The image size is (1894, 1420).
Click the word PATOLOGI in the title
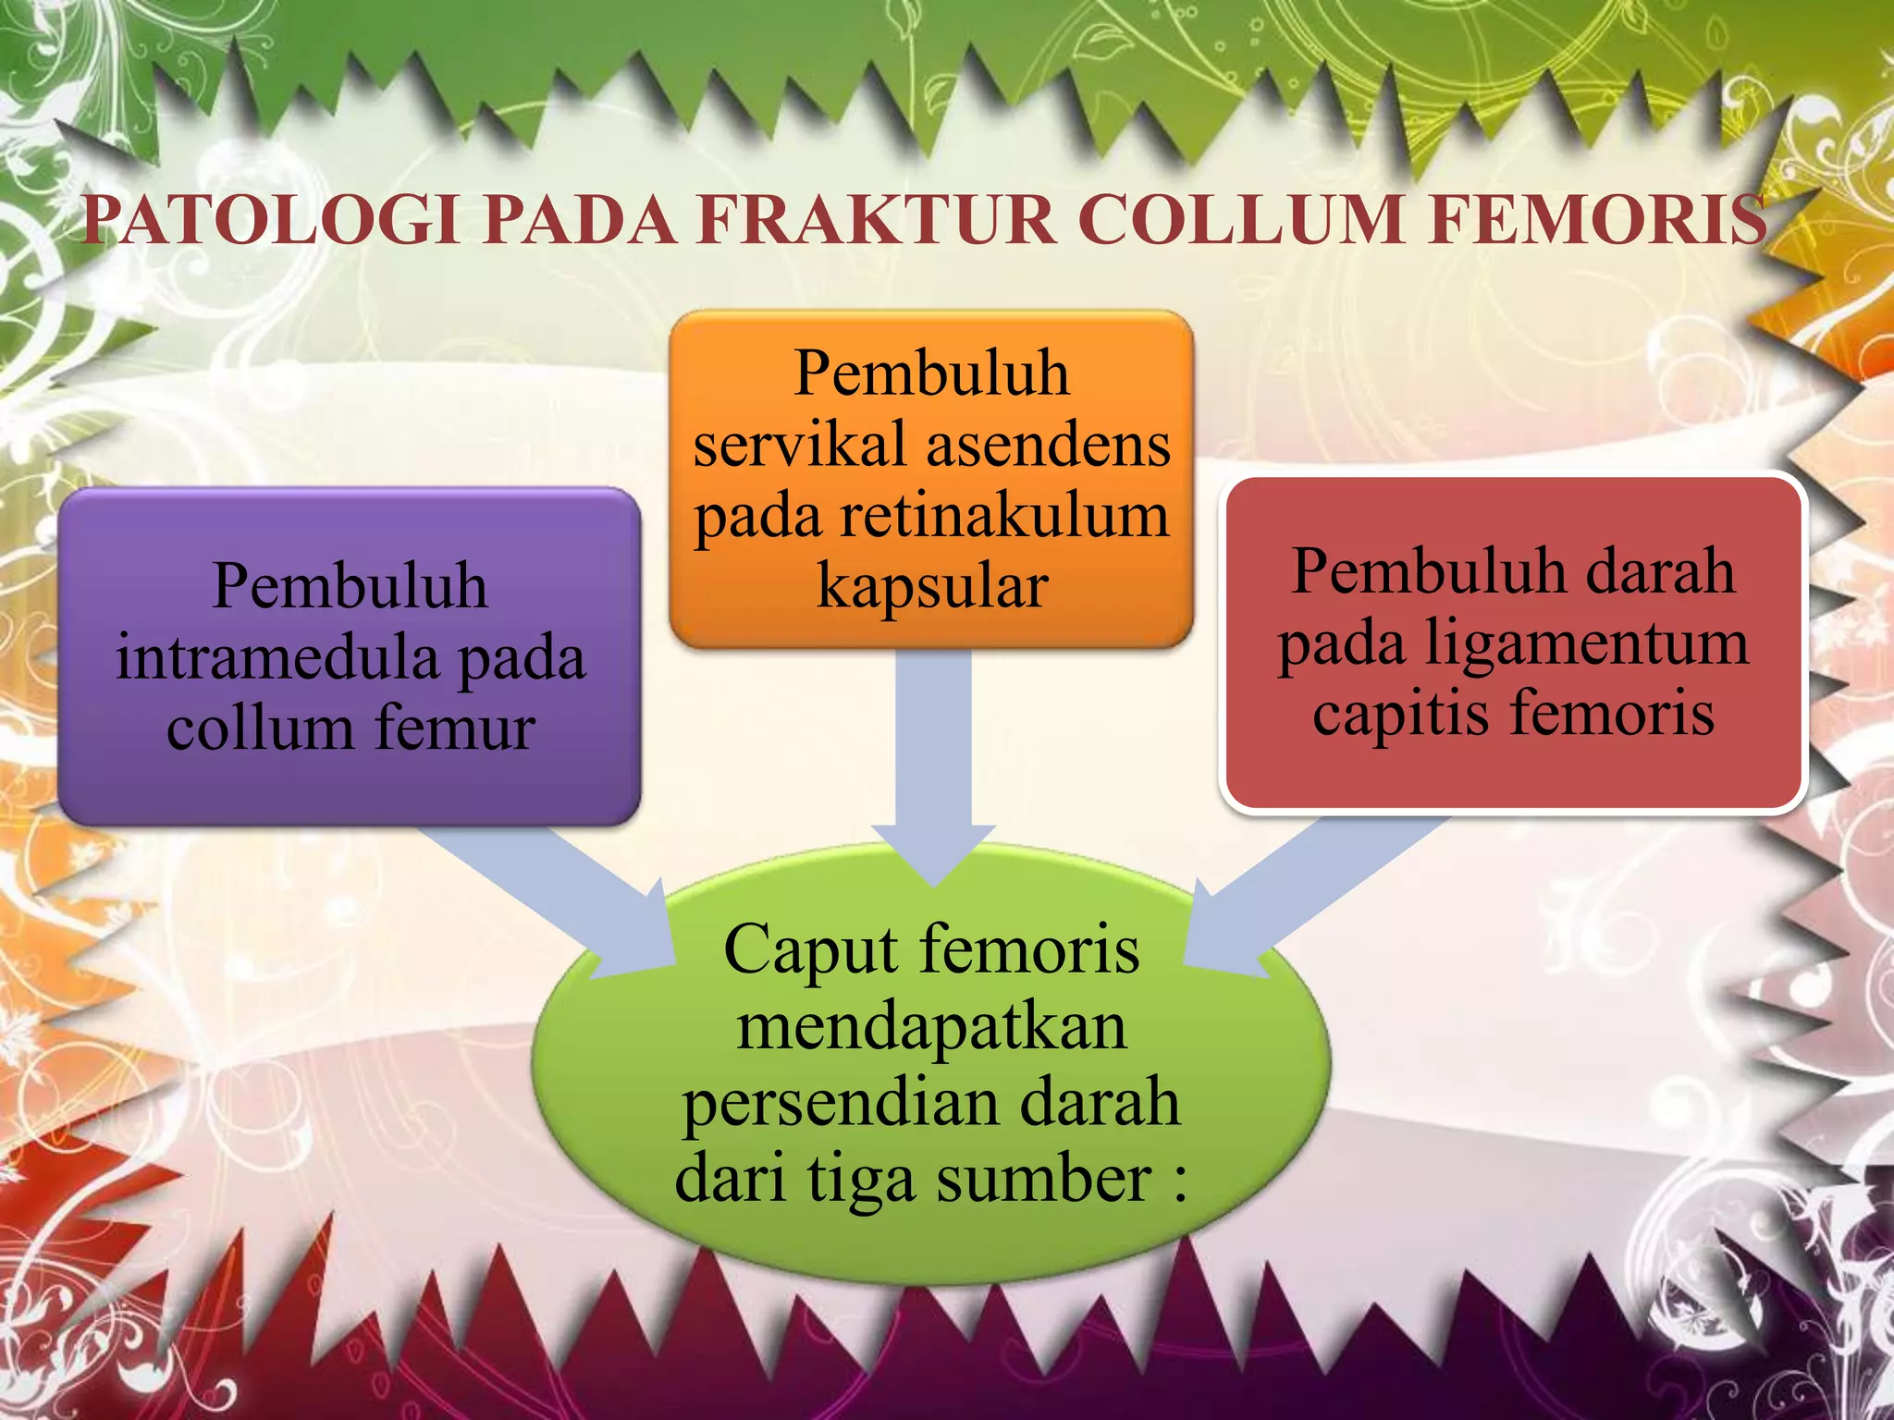point(271,220)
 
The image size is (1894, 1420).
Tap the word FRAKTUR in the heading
point(876,220)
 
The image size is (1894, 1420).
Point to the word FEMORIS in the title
point(1598,220)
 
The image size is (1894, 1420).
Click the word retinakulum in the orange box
point(1005,515)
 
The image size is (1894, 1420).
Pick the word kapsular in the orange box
point(931,585)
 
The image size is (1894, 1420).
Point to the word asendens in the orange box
point(1049,445)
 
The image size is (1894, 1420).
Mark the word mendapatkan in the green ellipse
point(931,1026)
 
